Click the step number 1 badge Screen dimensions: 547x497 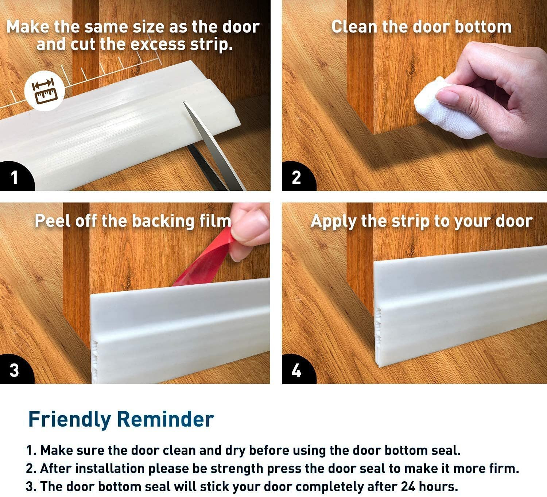(x=15, y=177)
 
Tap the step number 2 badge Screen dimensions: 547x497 (x=297, y=177)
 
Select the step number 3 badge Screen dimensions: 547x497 (x=15, y=370)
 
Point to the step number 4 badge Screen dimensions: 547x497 (x=297, y=370)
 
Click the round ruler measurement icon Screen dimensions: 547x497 (x=44, y=91)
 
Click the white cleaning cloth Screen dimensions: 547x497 (x=447, y=109)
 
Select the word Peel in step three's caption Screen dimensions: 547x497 (x=53, y=221)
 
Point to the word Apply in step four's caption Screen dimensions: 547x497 (x=334, y=221)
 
